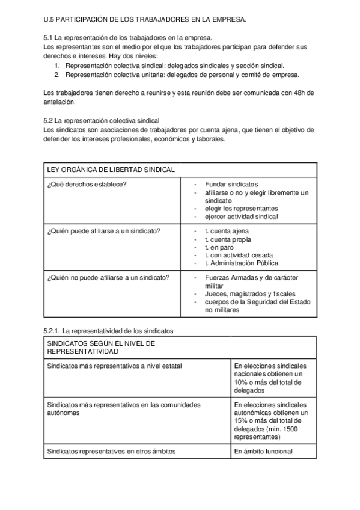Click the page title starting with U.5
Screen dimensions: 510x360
pyautogui.click(x=145, y=20)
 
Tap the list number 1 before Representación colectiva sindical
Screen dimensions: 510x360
pyautogui.click(x=57, y=65)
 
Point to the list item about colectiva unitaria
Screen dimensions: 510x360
pyautogui.click(x=182, y=75)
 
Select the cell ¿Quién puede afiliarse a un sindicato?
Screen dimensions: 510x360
pyautogui.click(x=103, y=231)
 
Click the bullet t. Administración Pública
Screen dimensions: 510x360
pyautogui.click(x=242, y=263)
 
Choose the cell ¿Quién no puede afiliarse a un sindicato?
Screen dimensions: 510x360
pyautogui.click(x=108, y=277)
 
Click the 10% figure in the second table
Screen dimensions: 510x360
pyautogui.click(x=242, y=382)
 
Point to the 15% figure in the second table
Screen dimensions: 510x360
pyautogui.click(x=242, y=421)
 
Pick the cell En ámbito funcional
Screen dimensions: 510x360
pyautogui.click(x=263, y=451)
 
